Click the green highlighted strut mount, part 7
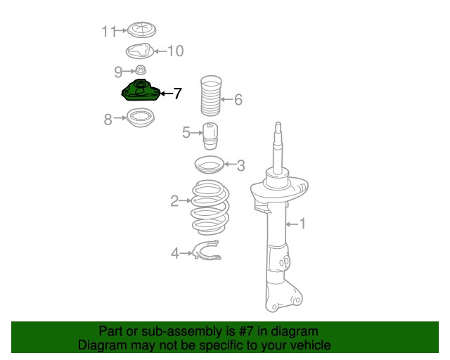[x=141, y=91]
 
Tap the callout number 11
[x=109, y=32]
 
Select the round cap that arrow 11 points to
[x=141, y=30]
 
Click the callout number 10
[x=175, y=51]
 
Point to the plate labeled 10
[x=140, y=51]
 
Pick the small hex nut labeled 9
[x=141, y=70]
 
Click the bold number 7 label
[x=178, y=94]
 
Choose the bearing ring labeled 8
[x=141, y=117]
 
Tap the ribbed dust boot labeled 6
[x=211, y=96]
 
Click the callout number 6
[x=238, y=100]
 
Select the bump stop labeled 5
[x=210, y=136]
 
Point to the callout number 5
[x=186, y=133]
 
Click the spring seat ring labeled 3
[x=210, y=165]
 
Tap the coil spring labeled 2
[x=210, y=208]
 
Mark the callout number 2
[x=174, y=201]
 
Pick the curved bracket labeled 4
[x=207, y=250]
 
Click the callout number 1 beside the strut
[x=302, y=224]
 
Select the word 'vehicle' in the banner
[x=310, y=345]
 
